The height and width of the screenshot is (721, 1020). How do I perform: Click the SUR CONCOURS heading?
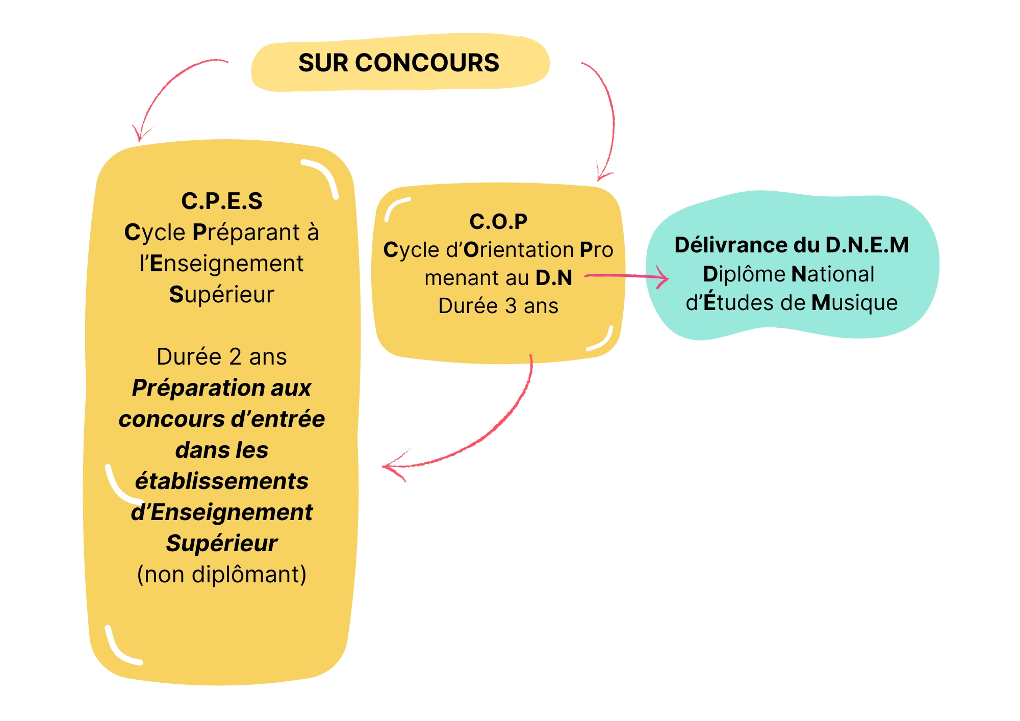point(398,63)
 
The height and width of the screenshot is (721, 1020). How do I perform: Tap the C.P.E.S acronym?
point(222,201)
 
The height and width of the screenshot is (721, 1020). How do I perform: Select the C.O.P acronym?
point(498,222)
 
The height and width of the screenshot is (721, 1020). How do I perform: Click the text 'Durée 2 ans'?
point(222,357)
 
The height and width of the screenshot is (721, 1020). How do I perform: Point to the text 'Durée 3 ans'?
point(498,306)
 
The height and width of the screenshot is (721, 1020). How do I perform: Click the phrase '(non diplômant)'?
point(222,575)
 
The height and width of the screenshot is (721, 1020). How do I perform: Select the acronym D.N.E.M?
point(866,245)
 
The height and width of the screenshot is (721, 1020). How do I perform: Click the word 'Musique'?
point(854,303)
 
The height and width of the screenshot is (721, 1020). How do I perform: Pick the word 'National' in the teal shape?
point(833,274)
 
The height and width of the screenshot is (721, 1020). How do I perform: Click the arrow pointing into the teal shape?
point(627,277)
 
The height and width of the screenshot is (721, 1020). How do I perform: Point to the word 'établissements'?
point(222,481)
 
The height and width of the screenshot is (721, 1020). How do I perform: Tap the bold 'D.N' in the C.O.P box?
point(554,278)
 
